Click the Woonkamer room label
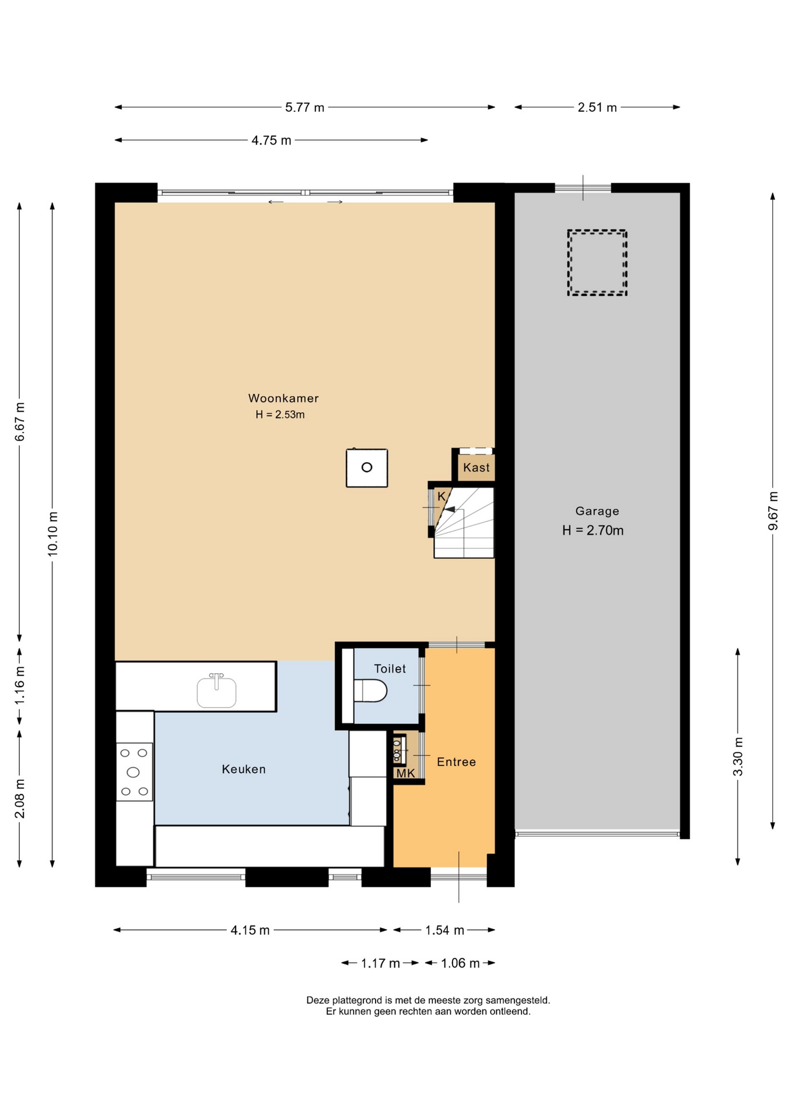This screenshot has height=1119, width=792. point(283,398)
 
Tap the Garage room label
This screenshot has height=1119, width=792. point(597,512)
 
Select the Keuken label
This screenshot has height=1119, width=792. point(244,769)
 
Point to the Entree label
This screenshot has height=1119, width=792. point(457,762)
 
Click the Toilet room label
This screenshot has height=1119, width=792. point(390,668)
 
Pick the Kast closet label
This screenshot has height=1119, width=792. point(476,467)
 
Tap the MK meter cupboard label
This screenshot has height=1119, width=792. point(406,773)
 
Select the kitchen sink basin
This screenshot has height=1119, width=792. point(216,692)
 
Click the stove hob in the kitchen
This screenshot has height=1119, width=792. point(134,772)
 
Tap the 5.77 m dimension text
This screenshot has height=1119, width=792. point(304,107)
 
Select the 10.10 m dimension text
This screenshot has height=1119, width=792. point(52,534)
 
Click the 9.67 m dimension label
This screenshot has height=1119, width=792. point(773,511)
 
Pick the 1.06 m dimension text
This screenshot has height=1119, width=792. point(460,963)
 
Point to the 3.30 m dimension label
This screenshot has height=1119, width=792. point(738,757)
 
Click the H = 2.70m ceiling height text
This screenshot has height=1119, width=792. point(593,530)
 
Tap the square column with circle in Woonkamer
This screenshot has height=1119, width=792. point(367,467)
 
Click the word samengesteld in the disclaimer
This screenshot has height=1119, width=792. point(519,1000)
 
